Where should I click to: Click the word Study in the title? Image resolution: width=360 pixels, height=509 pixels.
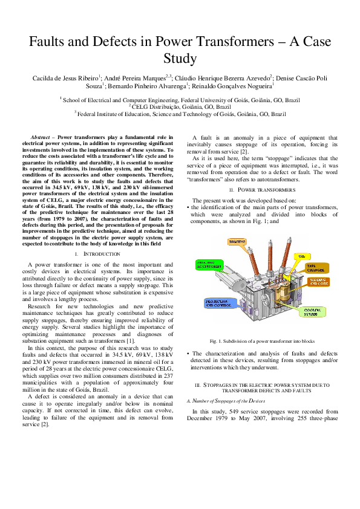[x=180, y=59]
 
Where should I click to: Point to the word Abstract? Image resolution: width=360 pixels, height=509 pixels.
[x=44, y=138]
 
